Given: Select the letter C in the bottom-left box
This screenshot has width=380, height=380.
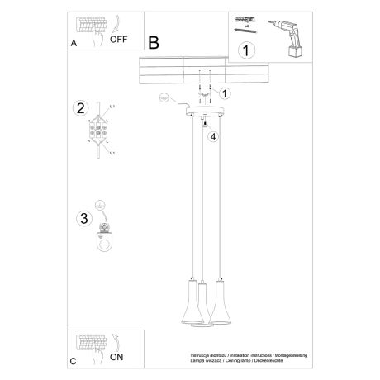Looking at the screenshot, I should [x=74, y=362].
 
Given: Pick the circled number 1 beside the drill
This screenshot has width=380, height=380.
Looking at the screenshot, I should [x=245, y=52].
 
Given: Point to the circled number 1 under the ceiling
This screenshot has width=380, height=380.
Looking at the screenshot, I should [x=225, y=93].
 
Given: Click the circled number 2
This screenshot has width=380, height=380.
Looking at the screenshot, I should [x=80, y=107].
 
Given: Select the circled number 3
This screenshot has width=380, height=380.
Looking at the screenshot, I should [x=83, y=218].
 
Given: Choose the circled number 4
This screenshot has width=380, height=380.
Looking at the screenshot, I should [x=212, y=136].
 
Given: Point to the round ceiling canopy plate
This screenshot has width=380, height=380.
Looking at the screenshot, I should [x=203, y=112].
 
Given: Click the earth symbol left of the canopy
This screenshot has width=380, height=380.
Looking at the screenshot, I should [x=164, y=99].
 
